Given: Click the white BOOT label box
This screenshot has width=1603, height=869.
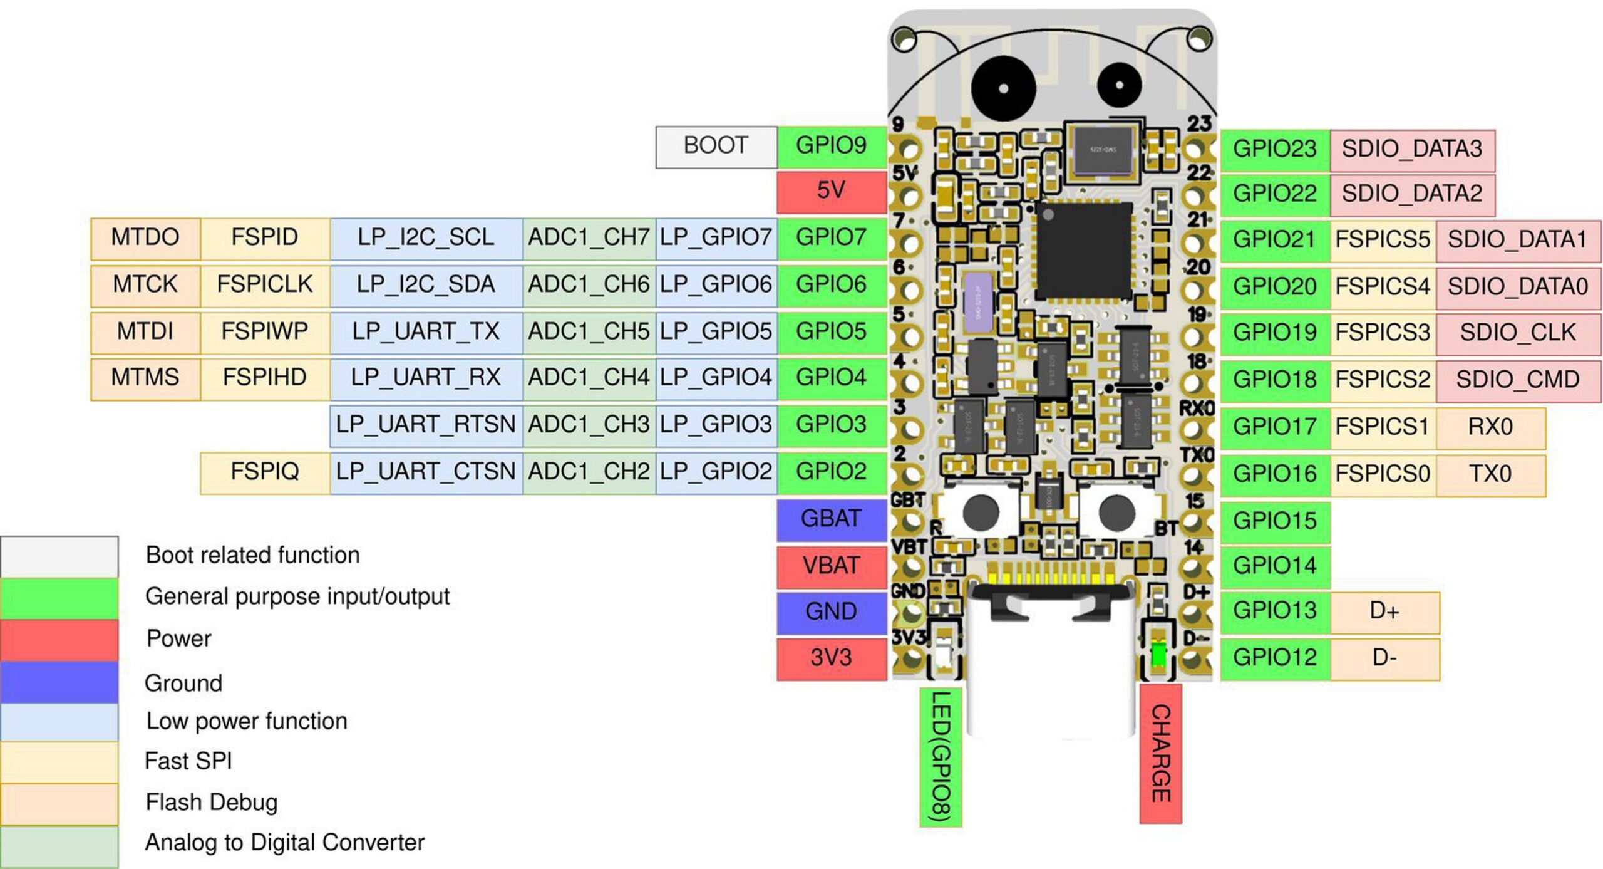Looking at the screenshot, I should click(x=716, y=147).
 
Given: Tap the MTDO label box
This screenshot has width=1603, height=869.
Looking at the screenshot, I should click(x=145, y=238).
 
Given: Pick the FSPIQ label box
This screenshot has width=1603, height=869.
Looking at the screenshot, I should click(x=265, y=472).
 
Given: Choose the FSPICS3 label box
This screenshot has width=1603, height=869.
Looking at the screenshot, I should click(x=1383, y=333).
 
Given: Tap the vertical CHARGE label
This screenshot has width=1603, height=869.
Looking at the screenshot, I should click(x=1160, y=752).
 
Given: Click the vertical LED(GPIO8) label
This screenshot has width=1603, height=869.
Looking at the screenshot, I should click(x=941, y=756).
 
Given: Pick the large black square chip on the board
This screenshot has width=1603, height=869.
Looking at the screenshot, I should click(x=1084, y=250).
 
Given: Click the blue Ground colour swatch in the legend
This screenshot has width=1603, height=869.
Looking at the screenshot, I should click(x=59, y=682).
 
